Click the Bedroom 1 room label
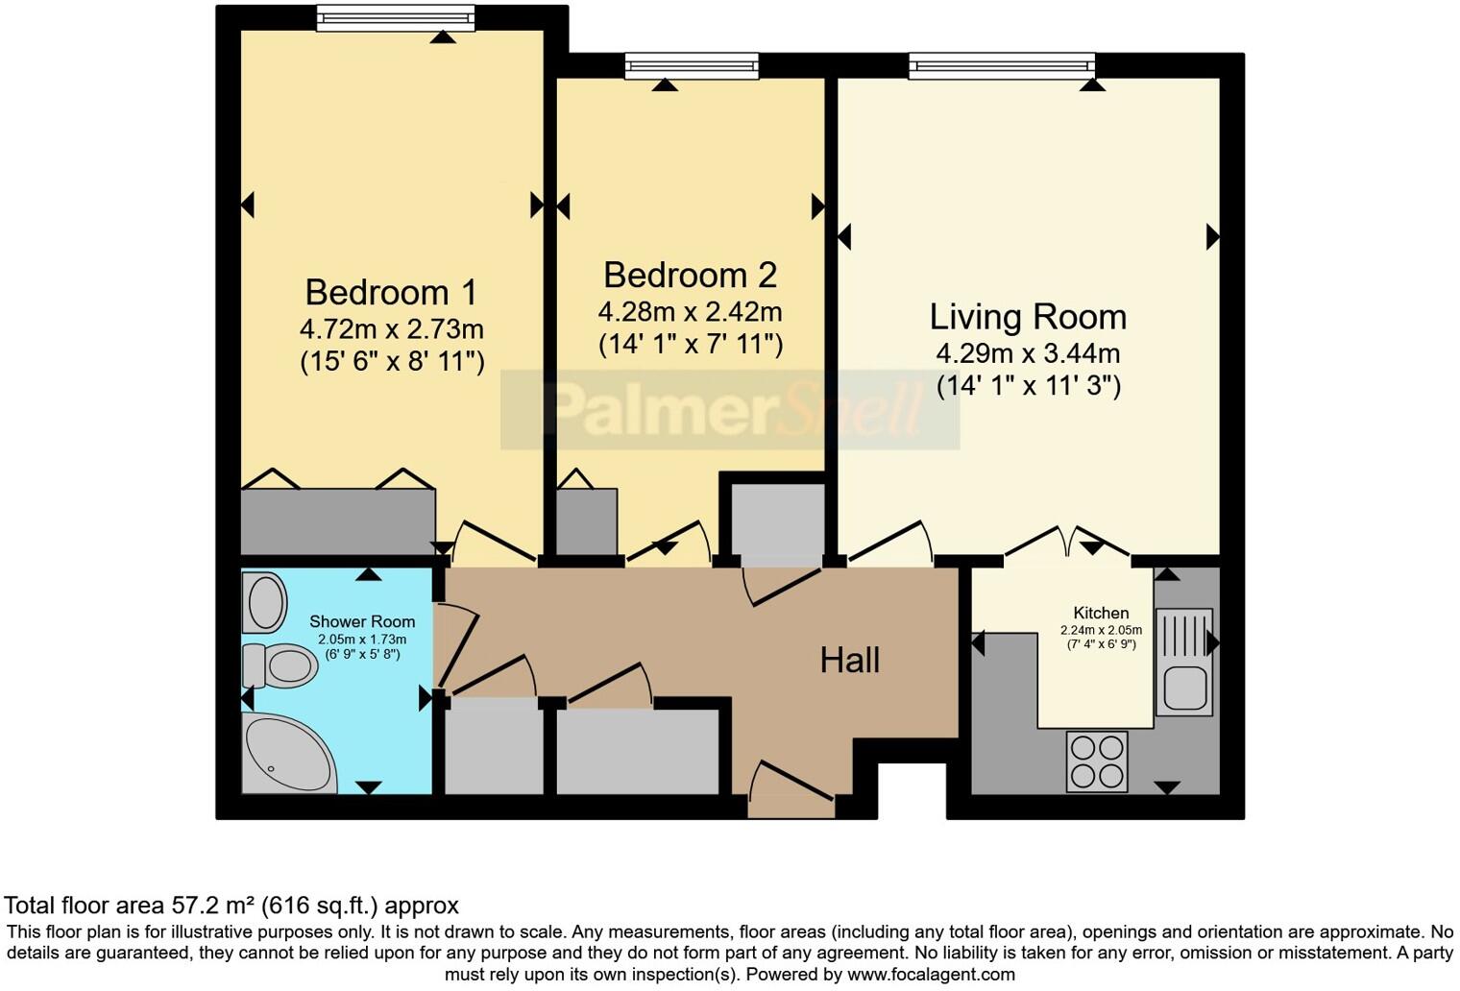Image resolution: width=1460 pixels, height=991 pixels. click(x=391, y=293)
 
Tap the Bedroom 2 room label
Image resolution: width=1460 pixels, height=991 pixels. click(x=691, y=275)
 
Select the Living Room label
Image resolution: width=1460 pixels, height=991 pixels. click(x=1028, y=317)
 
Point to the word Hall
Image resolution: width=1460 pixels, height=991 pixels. click(x=849, y=660)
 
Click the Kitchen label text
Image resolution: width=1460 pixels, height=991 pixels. click(x=1101, y=613)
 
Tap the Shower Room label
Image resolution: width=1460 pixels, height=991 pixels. click(x=362, y=621)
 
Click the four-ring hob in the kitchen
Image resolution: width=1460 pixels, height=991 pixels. click(x=1096, y=761)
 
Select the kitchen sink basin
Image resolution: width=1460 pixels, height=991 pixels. click(x=1184, y=688)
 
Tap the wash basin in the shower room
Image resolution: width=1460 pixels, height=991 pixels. click(x=265, y=602)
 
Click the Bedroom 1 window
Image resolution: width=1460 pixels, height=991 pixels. click(x=396, y=18)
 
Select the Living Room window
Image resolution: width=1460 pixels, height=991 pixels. click(x=1002, y=66)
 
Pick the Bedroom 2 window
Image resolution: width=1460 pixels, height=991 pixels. click(x=692, y=66)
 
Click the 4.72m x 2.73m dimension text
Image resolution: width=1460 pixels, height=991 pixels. click(x=391, y=329)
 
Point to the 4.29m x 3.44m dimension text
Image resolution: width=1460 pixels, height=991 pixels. click(x=1028, y=353)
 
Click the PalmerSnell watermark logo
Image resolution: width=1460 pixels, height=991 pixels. click(x=730, y=409)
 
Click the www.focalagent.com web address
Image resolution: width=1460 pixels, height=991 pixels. click(x=931, y=975)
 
